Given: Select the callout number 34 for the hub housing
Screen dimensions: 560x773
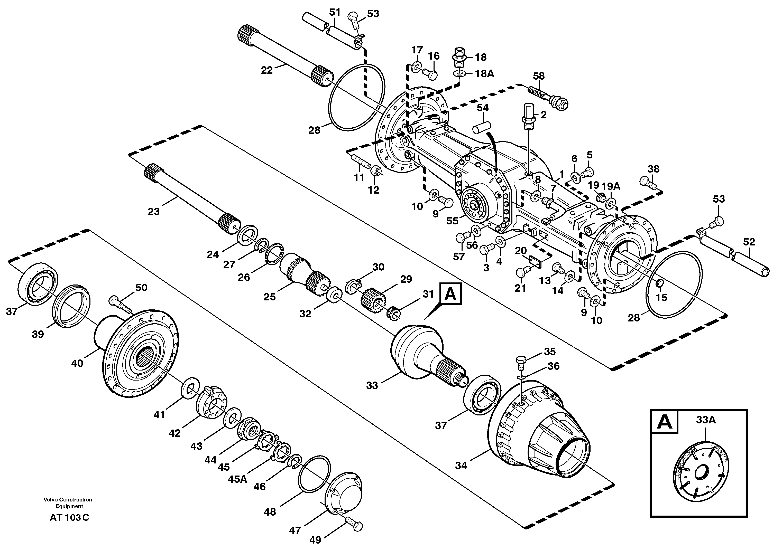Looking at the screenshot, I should [461, 465].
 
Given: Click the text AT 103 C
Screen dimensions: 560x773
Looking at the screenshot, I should [69, 517].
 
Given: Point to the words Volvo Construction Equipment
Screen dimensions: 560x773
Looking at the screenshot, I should [68, 502].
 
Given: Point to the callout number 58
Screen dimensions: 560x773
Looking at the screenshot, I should [539, 76].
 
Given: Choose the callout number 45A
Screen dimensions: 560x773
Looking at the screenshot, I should [237, 479].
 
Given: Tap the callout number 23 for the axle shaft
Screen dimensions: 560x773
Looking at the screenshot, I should [153, 212].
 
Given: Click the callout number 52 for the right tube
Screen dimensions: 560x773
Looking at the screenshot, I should [749, 242].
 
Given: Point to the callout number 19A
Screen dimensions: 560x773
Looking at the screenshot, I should [611, 186].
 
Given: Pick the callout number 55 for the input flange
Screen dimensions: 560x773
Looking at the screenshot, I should [453, 221].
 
